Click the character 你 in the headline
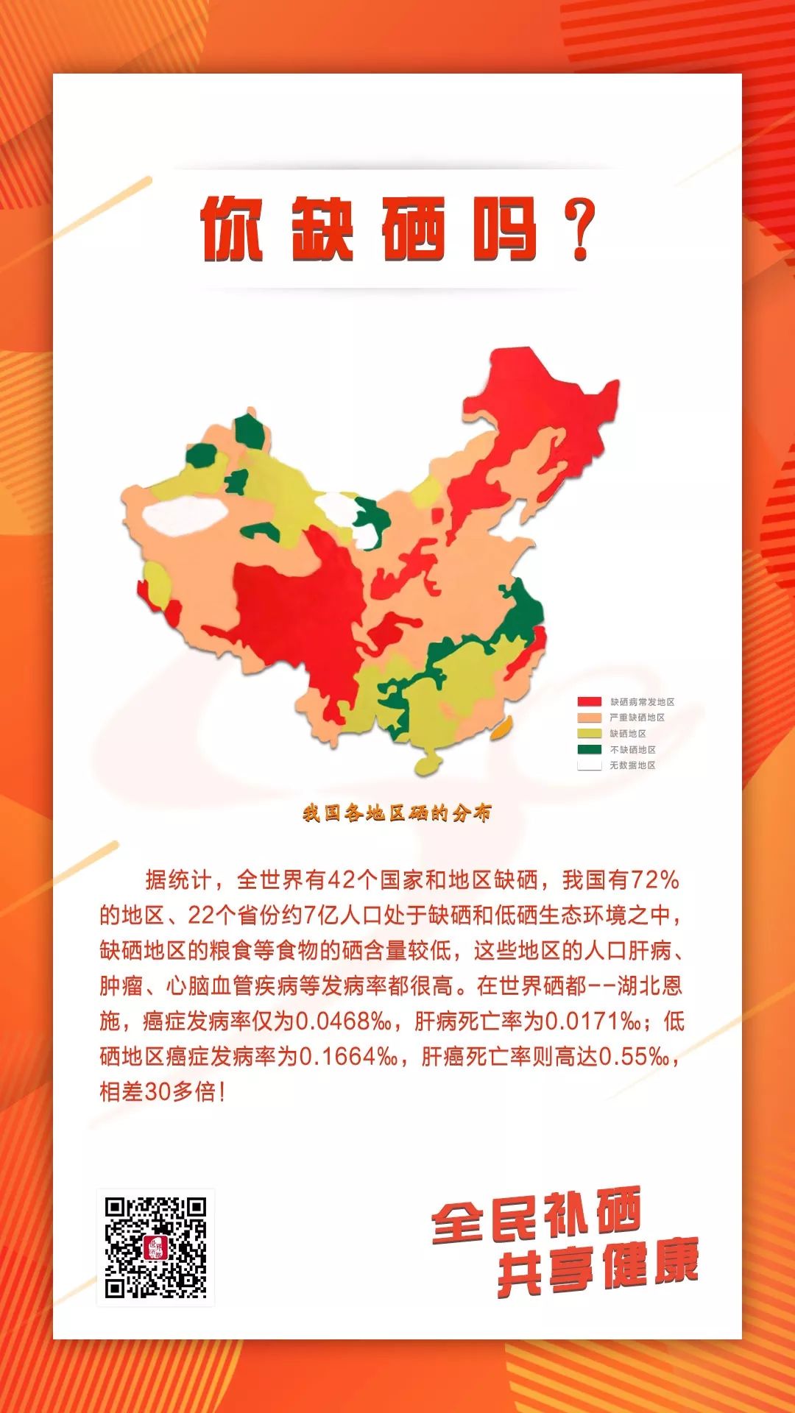point(232,230)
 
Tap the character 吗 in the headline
point(506,230)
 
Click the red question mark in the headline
point(579,230)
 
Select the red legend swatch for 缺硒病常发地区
point(590,702)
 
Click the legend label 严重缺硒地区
point(637,718)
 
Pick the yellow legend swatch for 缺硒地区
point(590,734)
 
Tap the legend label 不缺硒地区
point(632,750)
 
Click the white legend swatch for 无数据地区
point(590,765)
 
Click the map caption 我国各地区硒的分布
point(397,813)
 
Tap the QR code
point(155,1247)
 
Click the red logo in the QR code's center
point(155,1247)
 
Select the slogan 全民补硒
point(537,1218)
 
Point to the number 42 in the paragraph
point(341,880)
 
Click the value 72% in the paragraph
point(654,880)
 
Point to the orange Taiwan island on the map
point(500,730)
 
